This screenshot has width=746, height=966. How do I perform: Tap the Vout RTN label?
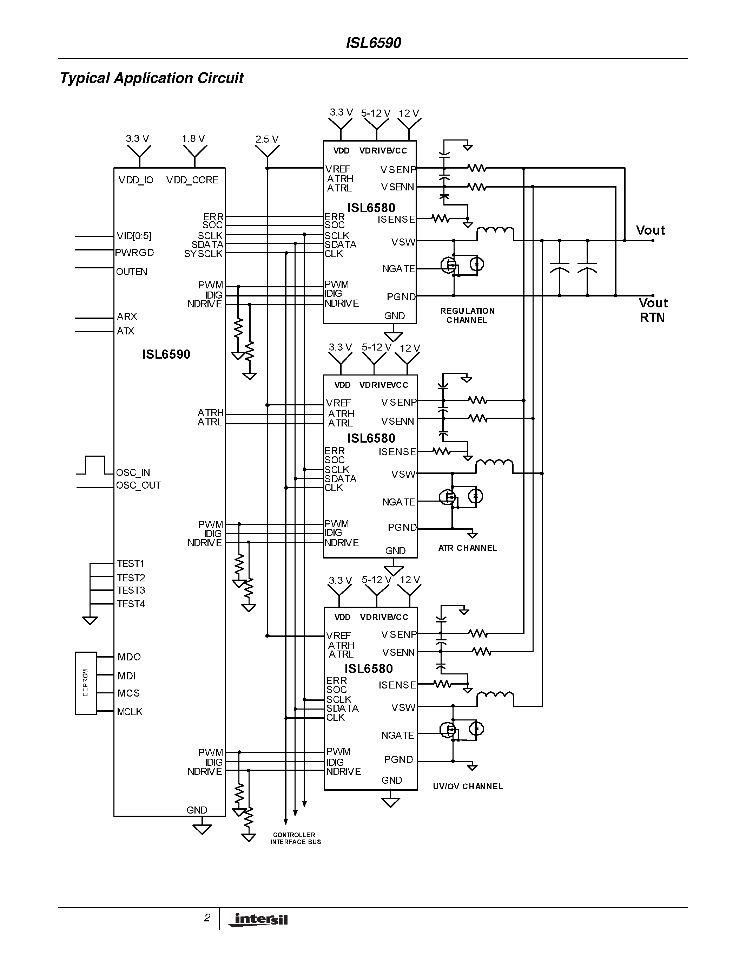[x=653, y=310]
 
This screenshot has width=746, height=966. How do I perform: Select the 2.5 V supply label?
[x=266, y=139]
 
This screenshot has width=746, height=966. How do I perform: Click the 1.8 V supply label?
[x=193, y=138]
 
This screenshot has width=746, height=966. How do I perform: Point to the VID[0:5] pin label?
[x=134, y=236]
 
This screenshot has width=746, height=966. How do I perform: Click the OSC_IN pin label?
[x=133, y=472]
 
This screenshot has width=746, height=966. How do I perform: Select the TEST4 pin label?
[x=131, y=604]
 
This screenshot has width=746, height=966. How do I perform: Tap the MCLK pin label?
[x=130, y=712]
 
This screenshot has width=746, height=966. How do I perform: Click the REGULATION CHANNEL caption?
[x=467, y=315]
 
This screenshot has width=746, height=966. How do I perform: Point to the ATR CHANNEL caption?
[x=468, y=548]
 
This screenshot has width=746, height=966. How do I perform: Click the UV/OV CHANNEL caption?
[x=468, y=786]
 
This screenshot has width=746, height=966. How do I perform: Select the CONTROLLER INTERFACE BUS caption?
[x=295, y=838]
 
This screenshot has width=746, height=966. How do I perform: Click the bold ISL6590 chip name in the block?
[x=166, y=354]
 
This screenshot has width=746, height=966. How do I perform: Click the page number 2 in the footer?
[x=207, y=918]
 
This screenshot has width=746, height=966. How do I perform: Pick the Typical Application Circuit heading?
[x=152, y=78]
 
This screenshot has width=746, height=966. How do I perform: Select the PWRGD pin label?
[x=134, y=253]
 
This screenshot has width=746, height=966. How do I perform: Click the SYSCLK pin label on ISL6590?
[x=203, y=254]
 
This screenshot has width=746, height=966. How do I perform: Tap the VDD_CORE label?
[x=192, y=180]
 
